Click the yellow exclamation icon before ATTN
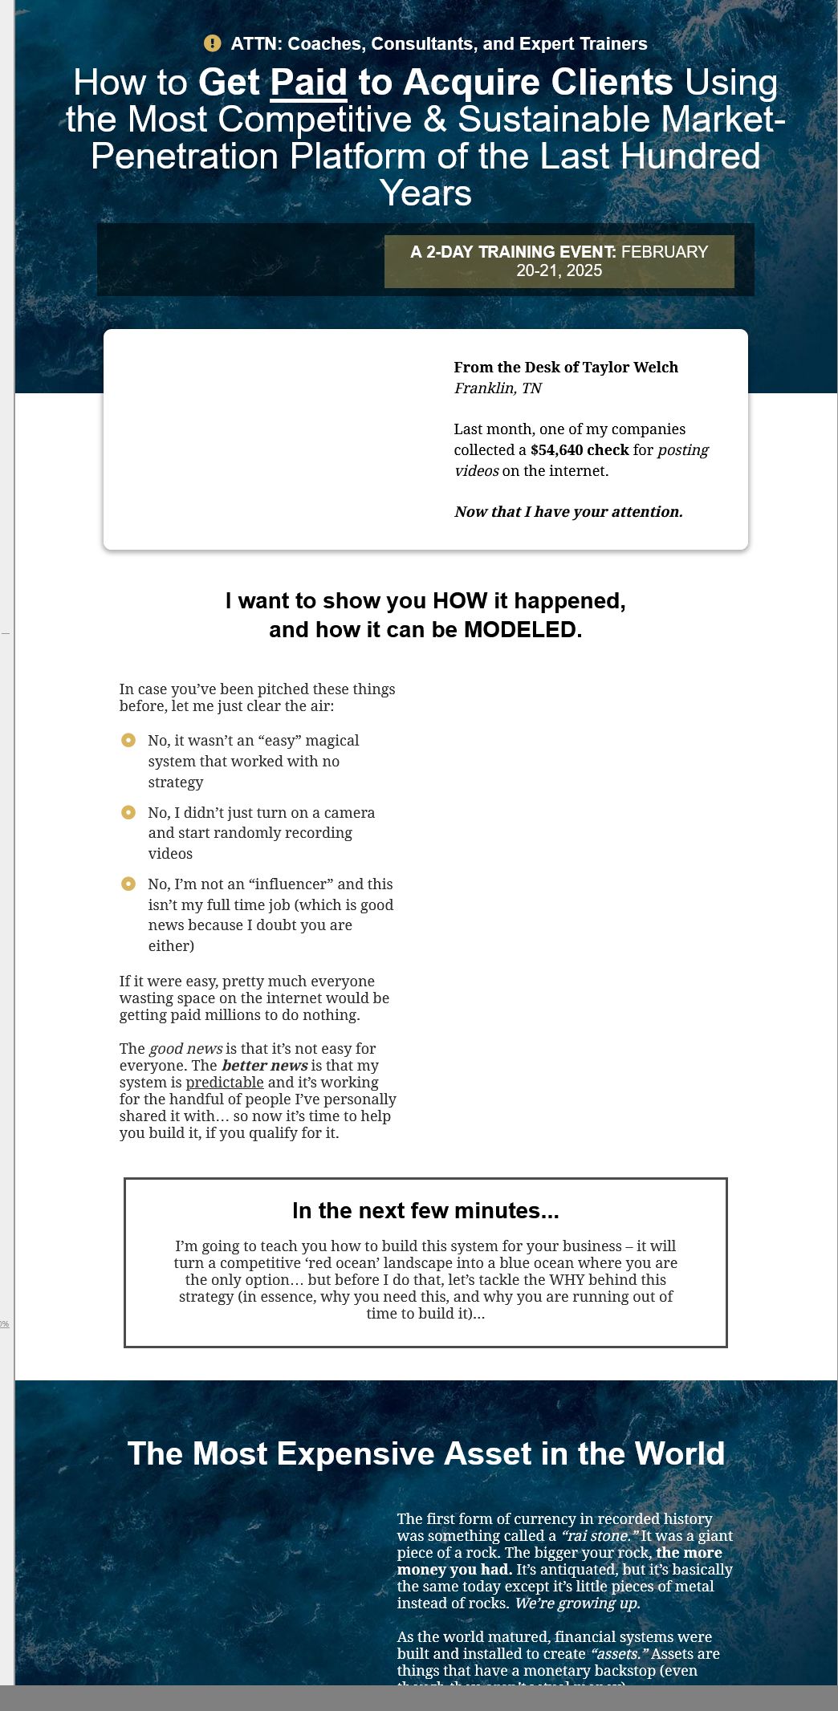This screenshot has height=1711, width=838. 212,43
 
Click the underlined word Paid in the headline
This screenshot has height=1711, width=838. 308,83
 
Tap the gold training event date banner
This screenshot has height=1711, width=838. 559,261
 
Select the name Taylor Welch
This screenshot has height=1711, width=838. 630,367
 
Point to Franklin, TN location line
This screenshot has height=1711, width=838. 498,388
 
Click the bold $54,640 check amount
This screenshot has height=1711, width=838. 580,449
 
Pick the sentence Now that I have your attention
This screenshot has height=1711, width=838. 568,511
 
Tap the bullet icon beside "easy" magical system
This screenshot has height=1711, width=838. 128,740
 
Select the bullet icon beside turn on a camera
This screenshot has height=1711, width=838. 128,812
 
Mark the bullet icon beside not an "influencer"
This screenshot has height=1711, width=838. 128,884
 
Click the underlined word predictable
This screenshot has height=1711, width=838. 225,1082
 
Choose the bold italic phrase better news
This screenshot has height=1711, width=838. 265,1065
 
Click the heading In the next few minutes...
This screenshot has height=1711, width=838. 425,1210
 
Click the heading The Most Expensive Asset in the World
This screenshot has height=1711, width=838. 425,1453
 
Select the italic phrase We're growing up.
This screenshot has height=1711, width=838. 576,1603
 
